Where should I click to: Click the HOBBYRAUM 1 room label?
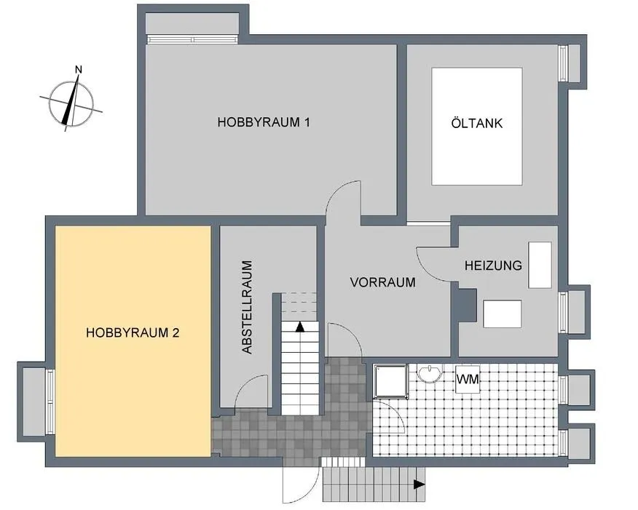click(x=264, y=122)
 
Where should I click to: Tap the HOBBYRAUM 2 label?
click(x=133, y=332)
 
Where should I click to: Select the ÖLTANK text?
click(x=477, y=123)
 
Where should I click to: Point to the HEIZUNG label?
click(x=493, y=266)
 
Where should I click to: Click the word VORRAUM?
click(x=383, y=282)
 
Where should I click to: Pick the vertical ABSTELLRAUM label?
click(x=247, y=307)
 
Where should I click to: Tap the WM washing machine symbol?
click(x=468, y=380)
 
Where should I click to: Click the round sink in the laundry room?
click(x=429, y=372)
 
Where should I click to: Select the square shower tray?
click(x=391, y=380)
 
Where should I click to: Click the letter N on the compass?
click(x=79, y=70)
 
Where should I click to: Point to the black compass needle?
click(x=70, y=102)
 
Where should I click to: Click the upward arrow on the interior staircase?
click(x=300, y=327)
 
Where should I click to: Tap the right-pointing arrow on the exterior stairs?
click(x=420, y=485)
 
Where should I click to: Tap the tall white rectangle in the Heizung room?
click(x=540, y=265)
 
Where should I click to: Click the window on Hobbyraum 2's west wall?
click(x=50, y=401)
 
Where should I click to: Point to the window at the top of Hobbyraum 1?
click(x=192, y=39)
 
